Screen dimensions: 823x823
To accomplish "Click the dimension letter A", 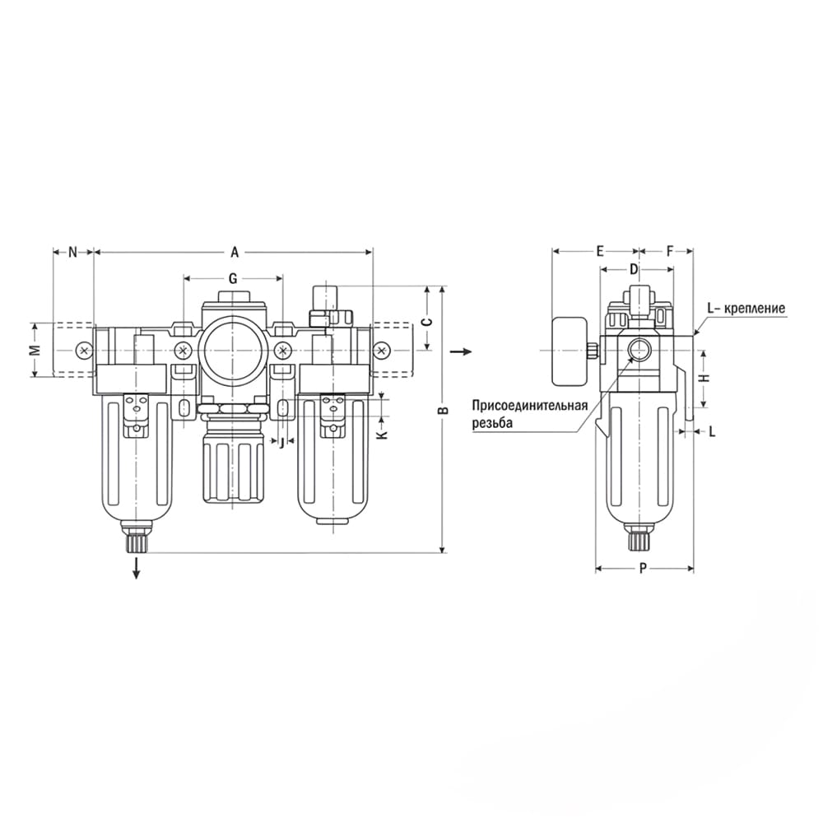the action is (235, 253).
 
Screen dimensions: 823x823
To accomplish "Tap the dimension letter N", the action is (73, 253).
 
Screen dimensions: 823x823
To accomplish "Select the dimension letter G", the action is (233, 278).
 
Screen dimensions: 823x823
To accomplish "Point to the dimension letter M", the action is (35, 350).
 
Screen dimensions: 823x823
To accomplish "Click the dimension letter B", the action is (444, 409).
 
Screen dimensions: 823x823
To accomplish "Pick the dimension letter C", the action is (428, 322).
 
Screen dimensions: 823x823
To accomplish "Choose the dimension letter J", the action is (281, 443).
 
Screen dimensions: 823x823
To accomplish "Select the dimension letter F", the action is (670, 251).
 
